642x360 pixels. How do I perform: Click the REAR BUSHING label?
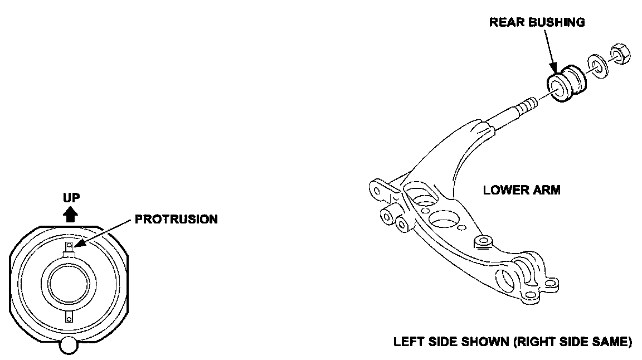(x=537, y=23)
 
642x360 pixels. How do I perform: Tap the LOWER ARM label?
(x=522, y=190)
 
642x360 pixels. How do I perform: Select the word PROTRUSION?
(x=176, y=219)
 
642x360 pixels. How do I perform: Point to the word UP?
(x=71, y=197)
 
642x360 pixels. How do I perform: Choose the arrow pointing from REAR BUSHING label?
(x=549, y=53)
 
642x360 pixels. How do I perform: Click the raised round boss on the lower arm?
(x=482, y=242)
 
